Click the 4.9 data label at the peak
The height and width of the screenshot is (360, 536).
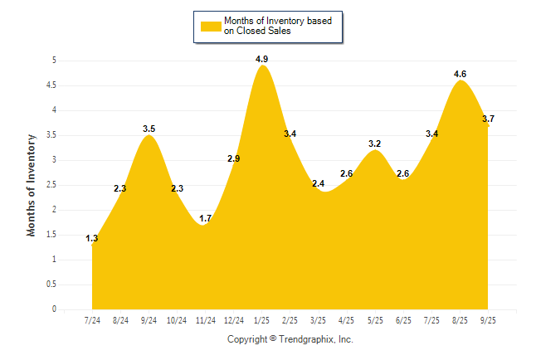pos(261,59)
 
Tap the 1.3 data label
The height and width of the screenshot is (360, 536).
pos(91,239)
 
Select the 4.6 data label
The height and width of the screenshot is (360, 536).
pos(460,74)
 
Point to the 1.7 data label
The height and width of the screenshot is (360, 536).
pos(205,219)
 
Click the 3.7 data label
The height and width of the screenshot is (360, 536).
pos(488,119)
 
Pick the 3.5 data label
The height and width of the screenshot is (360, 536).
pos(149,129)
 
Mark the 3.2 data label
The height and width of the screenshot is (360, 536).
pos(375,144)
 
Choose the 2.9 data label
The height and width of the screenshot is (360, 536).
pos(233,158)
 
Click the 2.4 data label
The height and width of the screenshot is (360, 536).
pos(318,183)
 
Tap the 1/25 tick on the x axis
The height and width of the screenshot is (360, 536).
pos(261,319)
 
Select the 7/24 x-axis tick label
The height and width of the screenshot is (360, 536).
pos(91,319)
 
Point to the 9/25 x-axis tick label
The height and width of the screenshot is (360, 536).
pos(488,319)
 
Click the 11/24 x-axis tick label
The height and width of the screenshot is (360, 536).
pos(205,319)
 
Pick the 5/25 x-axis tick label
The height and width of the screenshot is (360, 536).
pos(375,319)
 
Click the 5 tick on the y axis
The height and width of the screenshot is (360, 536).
pos(54,61)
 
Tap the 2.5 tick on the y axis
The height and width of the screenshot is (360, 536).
pos(51,185)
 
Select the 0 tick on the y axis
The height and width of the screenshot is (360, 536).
pos(54,309)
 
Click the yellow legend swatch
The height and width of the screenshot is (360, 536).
pos(211,26)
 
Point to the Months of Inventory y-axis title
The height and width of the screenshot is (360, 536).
pos(32,185)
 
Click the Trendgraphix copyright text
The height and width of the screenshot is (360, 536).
pos(290,339)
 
